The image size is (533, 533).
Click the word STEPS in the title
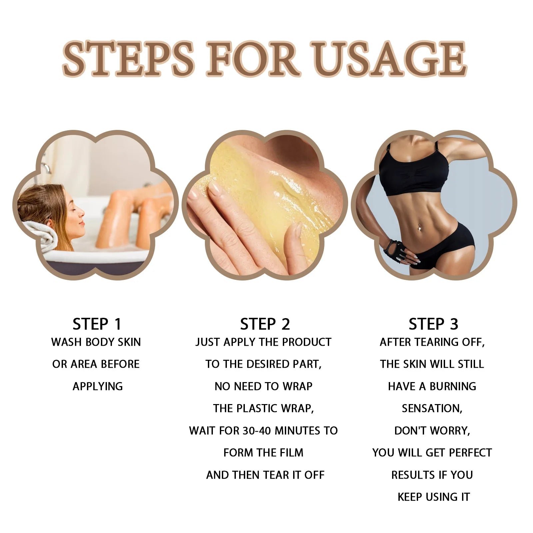click(x=128, y=59)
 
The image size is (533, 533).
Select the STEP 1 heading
click(x=97, y=324)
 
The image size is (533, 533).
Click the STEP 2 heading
click(x=265, y=324)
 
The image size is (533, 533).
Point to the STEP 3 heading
click(x=433, y=324)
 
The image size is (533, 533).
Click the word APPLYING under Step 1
click(x=98, y=386)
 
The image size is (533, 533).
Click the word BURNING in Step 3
click(x=453, y=386)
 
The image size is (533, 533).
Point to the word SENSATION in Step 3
click(x=432, y=408)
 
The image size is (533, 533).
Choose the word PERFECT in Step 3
click(x=470, y=453)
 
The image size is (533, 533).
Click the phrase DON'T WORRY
click(x=432, y=431)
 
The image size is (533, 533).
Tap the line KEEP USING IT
click(x=433, y=497)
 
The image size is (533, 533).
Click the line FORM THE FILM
click(x=263, y=453)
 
